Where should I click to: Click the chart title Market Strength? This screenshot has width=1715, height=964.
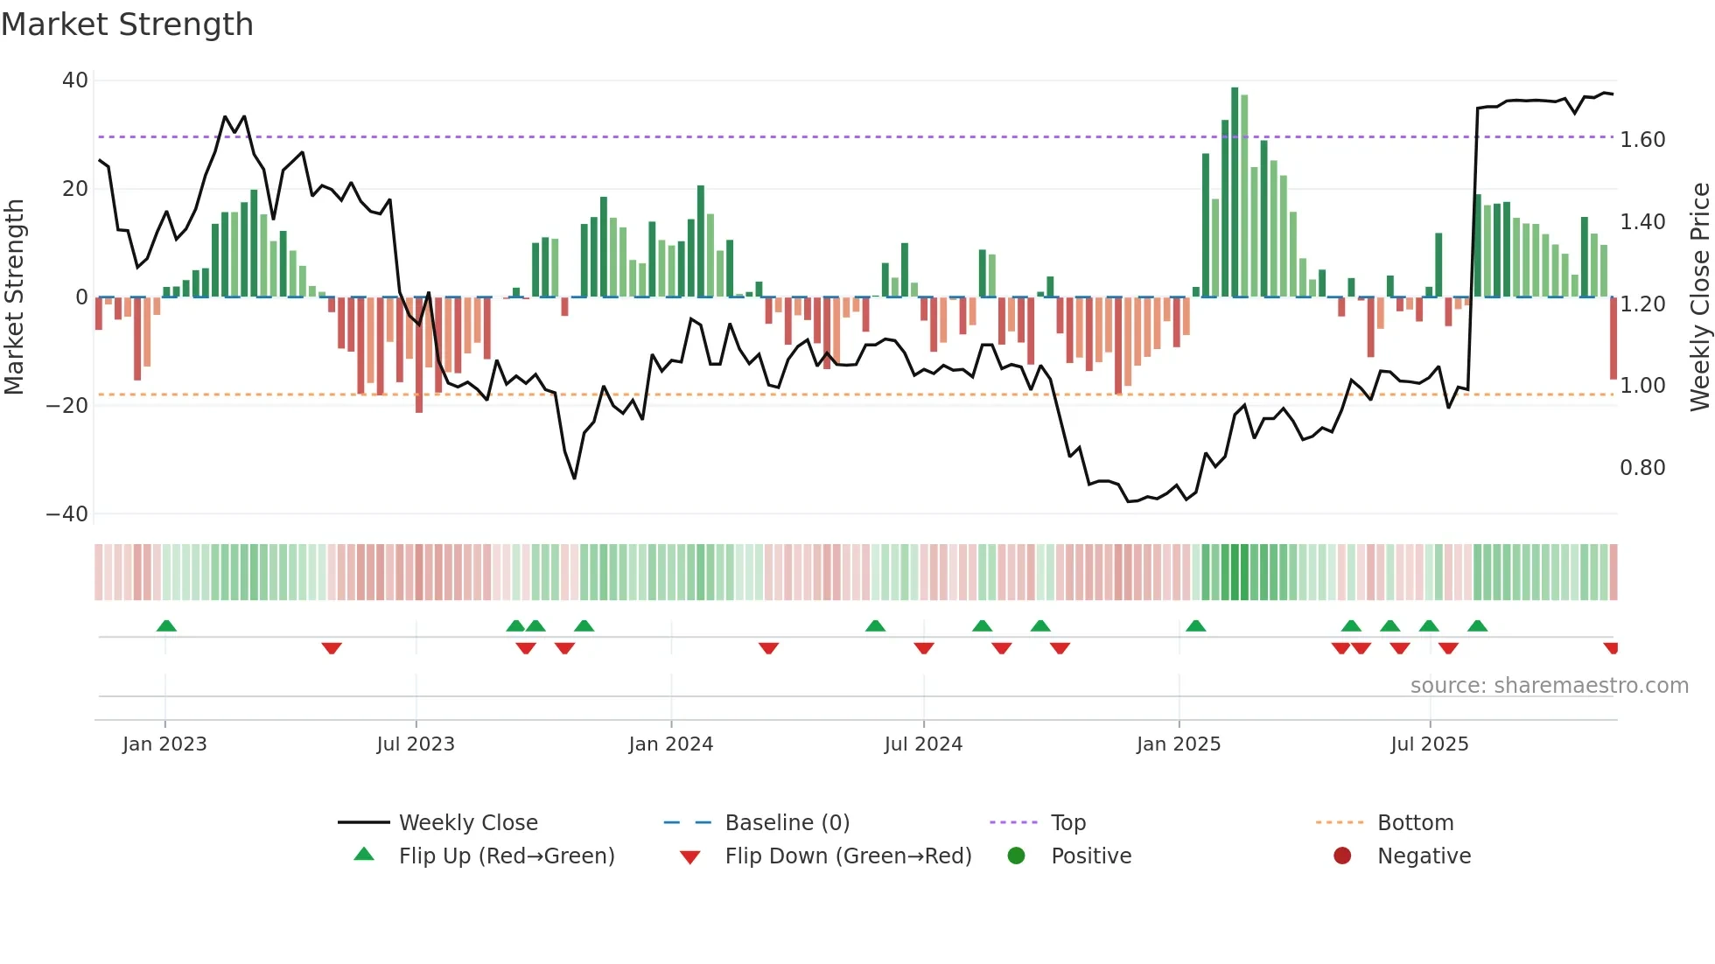[x=127, y=24]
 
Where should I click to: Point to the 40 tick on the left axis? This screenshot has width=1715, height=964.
[x=75, y=80]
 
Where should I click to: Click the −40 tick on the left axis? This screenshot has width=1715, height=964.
[x=67, y=514]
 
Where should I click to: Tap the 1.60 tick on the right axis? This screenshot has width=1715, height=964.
[x=1642, y=140]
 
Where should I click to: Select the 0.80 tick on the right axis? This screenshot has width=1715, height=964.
[x=1642, y=468]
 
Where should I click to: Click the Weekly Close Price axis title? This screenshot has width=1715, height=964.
[x=1699, y=297]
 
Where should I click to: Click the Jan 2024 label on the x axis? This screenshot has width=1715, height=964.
[x=670, y=744]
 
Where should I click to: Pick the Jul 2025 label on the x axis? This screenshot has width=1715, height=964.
[x=1429, y=744]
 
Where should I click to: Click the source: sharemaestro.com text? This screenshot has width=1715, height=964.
[x=1549, y=686]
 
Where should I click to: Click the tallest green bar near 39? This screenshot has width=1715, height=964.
[x=1235, y=192]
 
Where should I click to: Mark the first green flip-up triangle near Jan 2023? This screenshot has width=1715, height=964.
[x=166, y=625]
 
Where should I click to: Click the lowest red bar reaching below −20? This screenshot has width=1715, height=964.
[x=419, y=354]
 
